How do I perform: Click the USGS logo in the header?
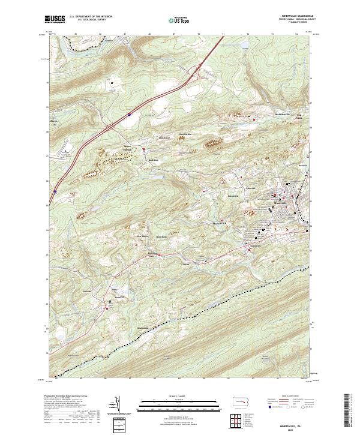(x=56, y=19)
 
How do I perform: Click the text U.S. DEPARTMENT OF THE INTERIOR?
(x=91, y=17)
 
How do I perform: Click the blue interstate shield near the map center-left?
(x=130, y=112)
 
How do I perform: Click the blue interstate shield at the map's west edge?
(x=53, y=191)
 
